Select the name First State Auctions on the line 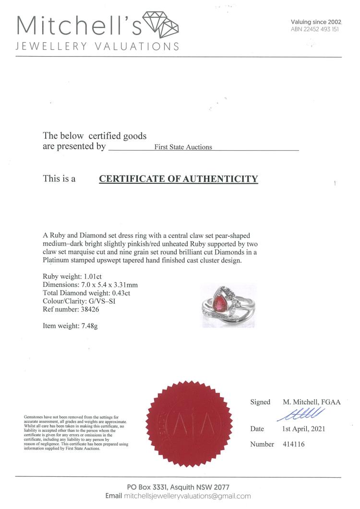pyautogui.click(x=183, y=147)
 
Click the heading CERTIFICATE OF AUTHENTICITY pyautogui.click(x=178, y=179)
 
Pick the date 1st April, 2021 pyautogui.click(x=303, y=428)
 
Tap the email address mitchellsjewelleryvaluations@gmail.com pyautogui.click(x=187, y=496)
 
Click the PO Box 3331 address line pyautogui.click(x=178, y=487)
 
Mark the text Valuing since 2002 pyautogui.click(x=315, y=22)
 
